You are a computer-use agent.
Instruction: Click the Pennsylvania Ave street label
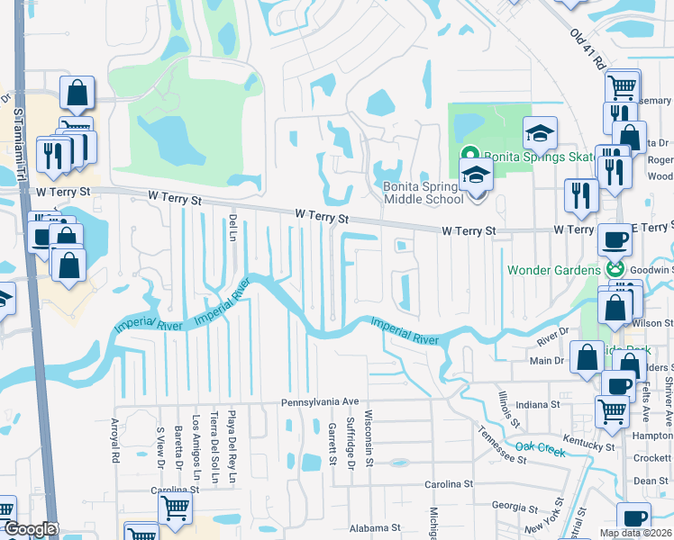click(x=320, y=402)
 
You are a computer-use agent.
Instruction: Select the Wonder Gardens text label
click(x=553, y=269)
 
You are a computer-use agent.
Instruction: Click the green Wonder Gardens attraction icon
click(x=616, y=268)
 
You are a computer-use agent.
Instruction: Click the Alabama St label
click(x=375, y=527)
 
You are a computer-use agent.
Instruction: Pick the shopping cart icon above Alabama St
click(x=175, y=508)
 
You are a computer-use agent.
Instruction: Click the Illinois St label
click(x=511, y=410)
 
